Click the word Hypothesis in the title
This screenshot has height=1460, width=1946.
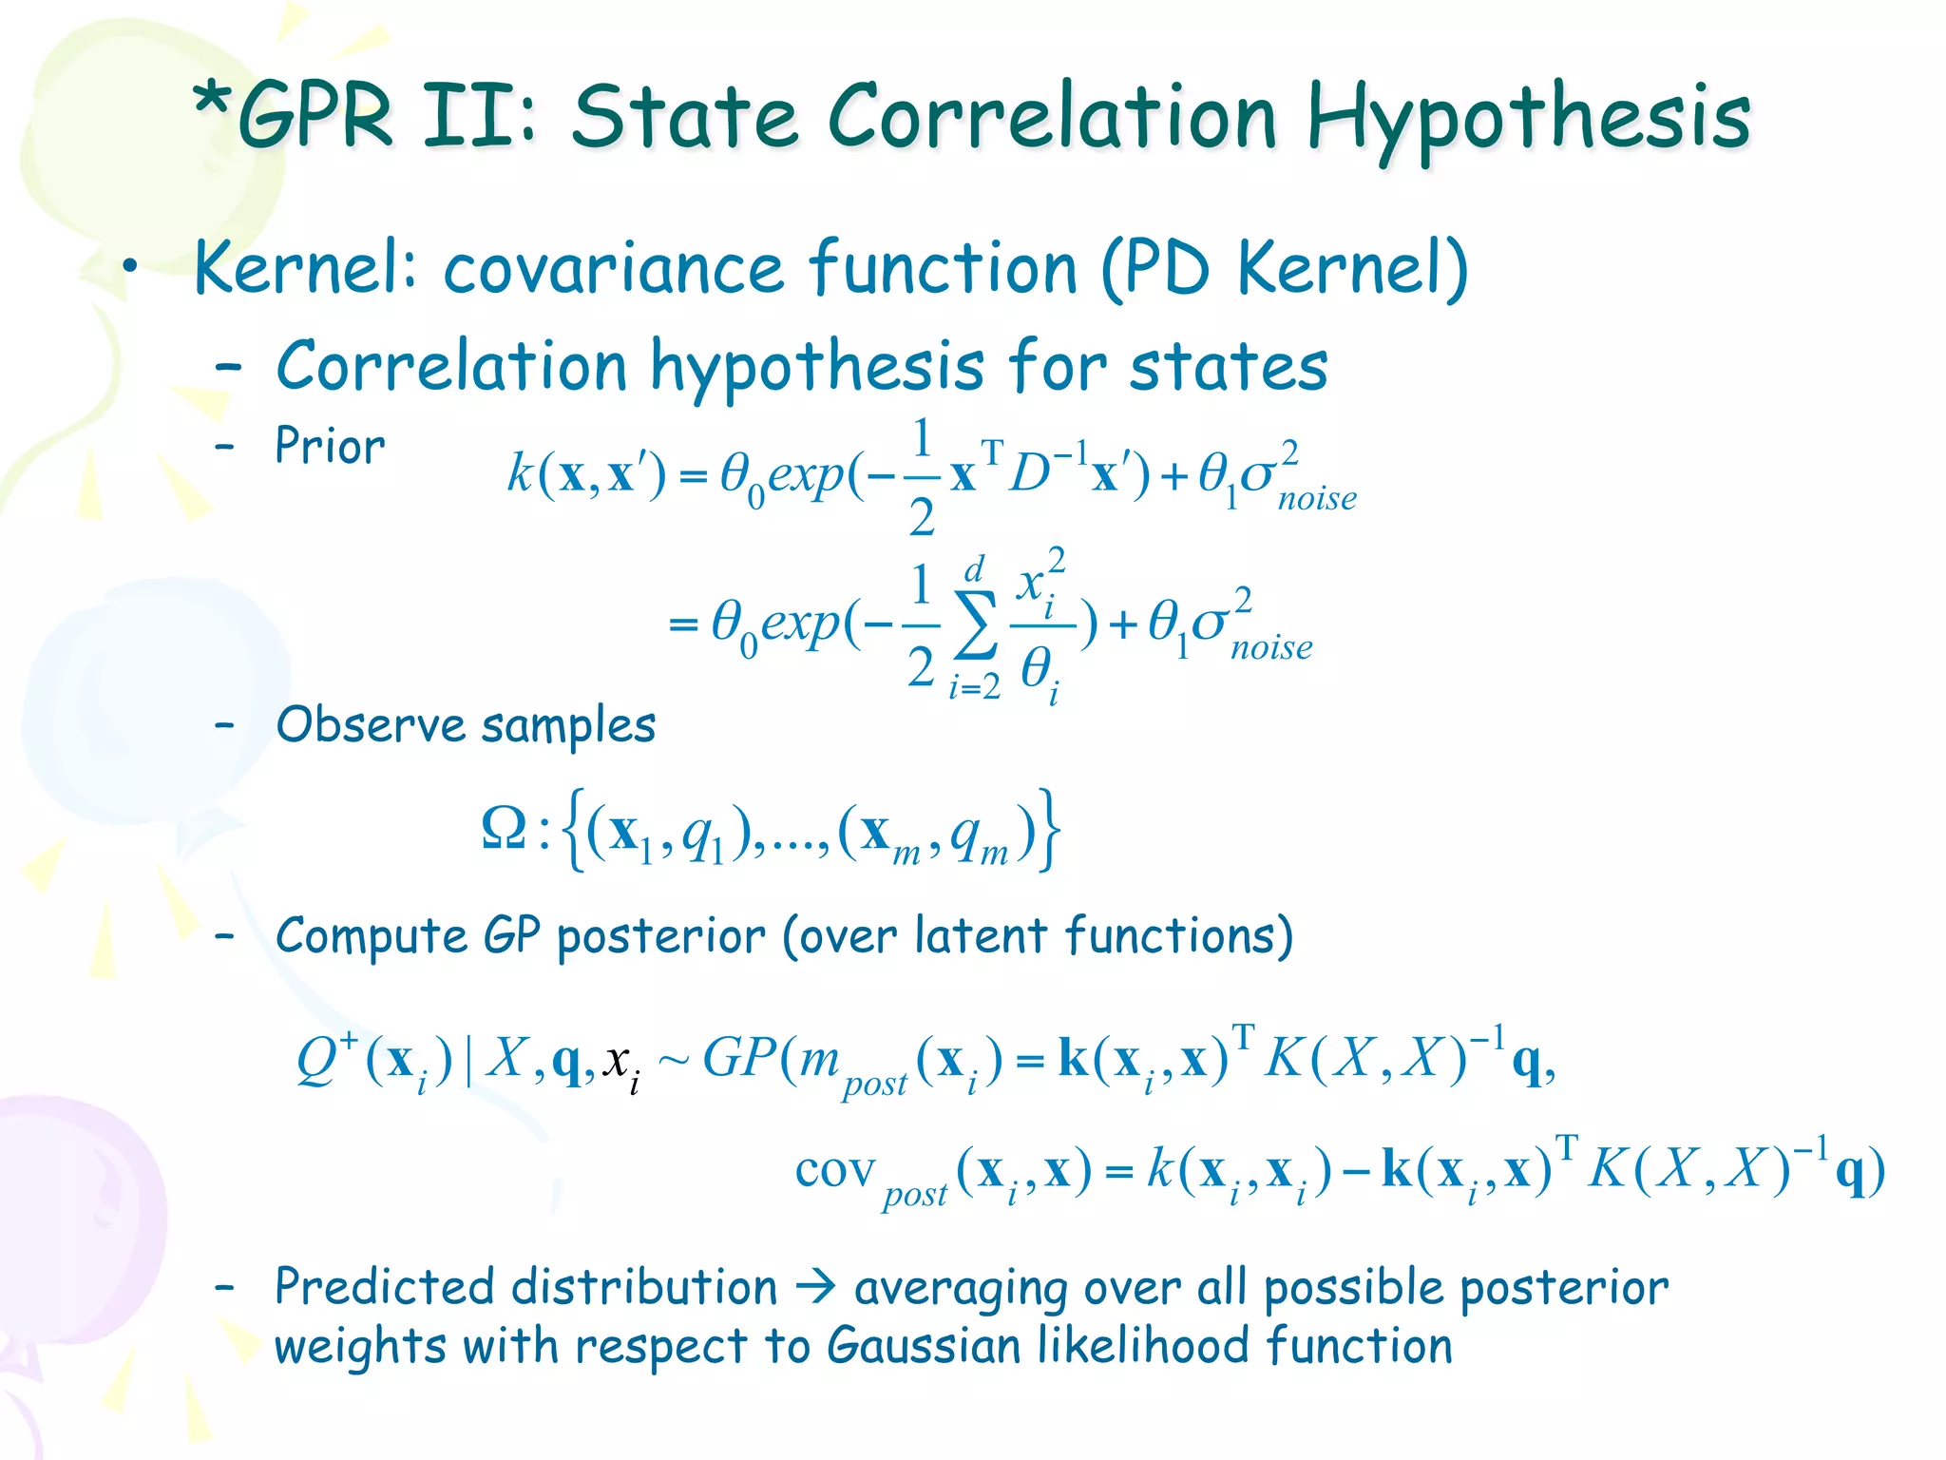tap(1528, 119)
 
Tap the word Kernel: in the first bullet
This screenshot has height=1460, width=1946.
tap(305, 268)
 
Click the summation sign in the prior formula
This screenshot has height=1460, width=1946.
tap(976, 624)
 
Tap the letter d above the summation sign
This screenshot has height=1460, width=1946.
tap(974, 570)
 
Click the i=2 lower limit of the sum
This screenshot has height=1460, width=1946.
tap(974, 685)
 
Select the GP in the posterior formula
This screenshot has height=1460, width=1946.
tap(738, 1056)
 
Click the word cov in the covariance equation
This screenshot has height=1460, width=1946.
tap(834, 1170)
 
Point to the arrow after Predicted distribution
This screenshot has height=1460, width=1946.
tap(815, 1288)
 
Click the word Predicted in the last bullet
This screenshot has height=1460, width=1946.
tap(384, 1287)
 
